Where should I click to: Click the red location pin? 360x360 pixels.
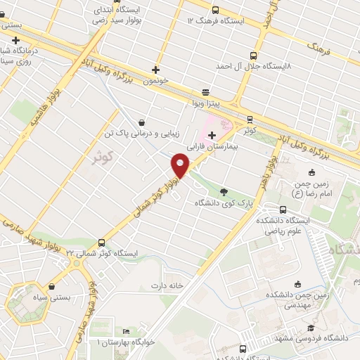pos(181,165)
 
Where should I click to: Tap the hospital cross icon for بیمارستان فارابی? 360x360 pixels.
pos(212,135)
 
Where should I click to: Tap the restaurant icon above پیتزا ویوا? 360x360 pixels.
pos(205,92)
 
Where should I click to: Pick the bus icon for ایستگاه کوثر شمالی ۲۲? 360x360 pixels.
pos(103,240)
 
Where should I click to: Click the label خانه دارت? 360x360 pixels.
pos(166,285)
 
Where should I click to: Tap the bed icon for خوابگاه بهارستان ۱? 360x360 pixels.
pos(126,331)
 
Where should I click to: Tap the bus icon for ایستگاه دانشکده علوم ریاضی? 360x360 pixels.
pos(283,210)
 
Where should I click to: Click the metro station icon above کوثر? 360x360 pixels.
pos(250,119)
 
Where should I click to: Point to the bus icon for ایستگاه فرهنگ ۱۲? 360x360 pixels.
pos(215,11)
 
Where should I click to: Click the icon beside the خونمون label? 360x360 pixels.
pos(156,70)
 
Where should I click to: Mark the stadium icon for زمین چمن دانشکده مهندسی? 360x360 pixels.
pos(297,285)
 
